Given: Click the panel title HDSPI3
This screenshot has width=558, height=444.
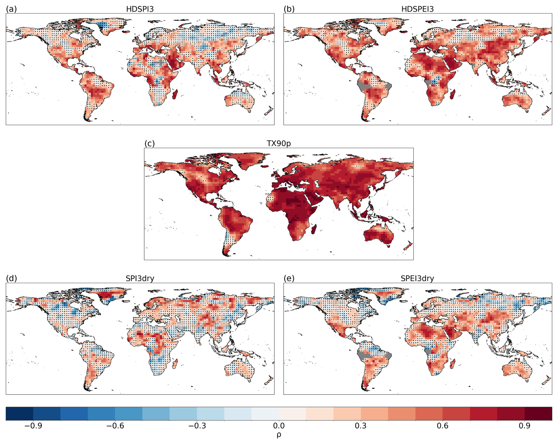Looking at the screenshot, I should click(x=140, y=9).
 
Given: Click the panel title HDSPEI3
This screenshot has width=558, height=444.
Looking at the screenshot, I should click(x=417, y=9).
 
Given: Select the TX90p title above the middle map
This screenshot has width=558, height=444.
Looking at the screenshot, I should click(x=279, y=143).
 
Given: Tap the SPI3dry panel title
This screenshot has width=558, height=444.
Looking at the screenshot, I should click(x=140, y=278).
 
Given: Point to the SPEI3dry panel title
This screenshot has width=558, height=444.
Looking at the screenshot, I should click(x=417, y=278).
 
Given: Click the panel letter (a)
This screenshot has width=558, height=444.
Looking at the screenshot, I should click(x=11, y=9).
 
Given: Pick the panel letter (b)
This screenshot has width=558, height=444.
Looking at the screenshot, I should click(x=289, y=9).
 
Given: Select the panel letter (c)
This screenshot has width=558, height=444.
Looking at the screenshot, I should click(x=150, y=143).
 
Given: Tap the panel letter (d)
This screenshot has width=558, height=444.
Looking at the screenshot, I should click(x=11, y=278).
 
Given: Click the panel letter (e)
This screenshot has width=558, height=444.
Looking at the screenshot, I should click(x=289, y=278).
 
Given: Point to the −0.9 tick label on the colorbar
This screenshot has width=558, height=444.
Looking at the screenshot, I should click(x=33, y=426).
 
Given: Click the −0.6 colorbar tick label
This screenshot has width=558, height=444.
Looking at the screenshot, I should click(x=115, y=426).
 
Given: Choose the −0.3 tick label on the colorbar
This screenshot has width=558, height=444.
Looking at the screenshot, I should click(x=197, y=426).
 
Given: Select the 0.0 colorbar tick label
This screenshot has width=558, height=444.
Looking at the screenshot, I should click(x=279, y=426).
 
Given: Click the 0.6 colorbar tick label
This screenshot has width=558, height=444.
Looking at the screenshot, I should click(x=442, y=426).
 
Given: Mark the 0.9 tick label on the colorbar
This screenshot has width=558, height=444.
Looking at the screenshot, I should click(x=524, y=426).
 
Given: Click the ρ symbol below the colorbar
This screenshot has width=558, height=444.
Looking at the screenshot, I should click(x=279, y=435).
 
